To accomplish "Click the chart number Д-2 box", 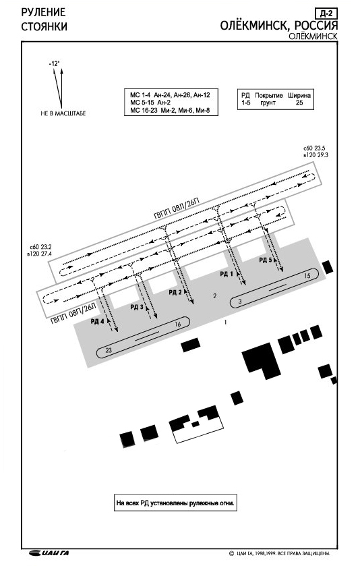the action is [326, 13].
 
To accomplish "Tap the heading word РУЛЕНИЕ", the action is [44, 12].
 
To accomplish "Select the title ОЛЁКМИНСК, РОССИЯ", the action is [279, 26].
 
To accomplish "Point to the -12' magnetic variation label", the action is [55, 63].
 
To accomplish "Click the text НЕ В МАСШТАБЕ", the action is [63, 113].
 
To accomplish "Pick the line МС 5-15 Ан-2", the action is [150, 103].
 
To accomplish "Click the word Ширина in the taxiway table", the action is [299, 96].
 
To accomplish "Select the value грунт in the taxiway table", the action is [268, 103].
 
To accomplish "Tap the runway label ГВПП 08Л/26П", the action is [177, 209].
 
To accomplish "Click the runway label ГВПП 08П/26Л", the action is [73, 314].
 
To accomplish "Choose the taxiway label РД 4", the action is [97, 321].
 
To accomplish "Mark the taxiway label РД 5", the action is [266, 260].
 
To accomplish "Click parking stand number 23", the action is [109, 350].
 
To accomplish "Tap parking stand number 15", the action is [307, 276].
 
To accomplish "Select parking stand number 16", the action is [177, 324].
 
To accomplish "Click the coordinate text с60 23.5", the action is [315, 148].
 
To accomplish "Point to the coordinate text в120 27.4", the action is [40, 254].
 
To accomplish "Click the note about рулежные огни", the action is [176, 503].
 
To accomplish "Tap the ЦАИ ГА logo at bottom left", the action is [50, 553].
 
